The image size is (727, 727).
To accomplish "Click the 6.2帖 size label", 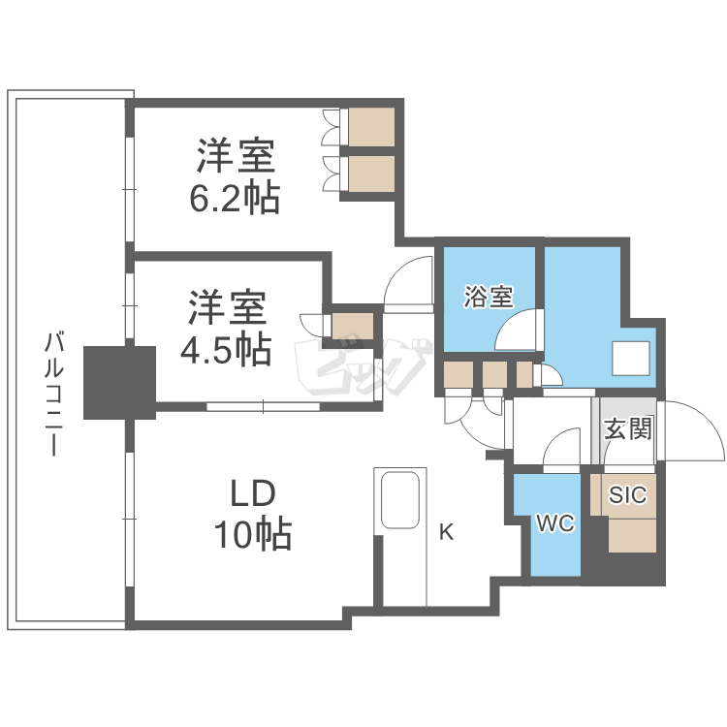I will (x=236, y=199).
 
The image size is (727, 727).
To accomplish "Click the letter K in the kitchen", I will (x=446, y=531).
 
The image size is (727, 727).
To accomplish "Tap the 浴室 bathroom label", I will (x=489, y=297).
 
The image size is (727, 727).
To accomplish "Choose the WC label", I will (x=556, y=524).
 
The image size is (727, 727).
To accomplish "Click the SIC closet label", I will (x=627, y=495).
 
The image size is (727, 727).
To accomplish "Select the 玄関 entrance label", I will (x=628, y=428).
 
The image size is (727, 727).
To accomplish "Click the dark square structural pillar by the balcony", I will (x=119, y=383).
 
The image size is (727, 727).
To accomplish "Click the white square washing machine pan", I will (x=635, y=358).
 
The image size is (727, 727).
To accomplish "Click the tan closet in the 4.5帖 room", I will (x=352, y=327).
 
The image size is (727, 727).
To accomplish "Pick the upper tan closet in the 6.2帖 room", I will (x=371, y=127).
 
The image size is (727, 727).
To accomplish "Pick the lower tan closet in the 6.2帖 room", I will (x=371, y=174).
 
